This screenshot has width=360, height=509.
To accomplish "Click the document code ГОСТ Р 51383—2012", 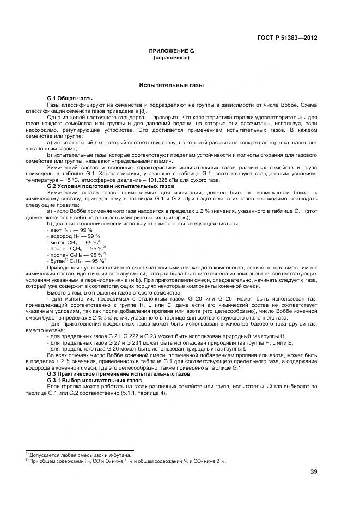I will [287, 38].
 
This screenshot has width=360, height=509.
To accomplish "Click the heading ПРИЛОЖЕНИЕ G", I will [172, 51].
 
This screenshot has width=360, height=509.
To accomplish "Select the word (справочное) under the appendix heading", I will [172, 57].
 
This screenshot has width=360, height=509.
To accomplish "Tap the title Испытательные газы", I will [172, 85].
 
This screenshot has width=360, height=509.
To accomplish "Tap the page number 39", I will [314, 471].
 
